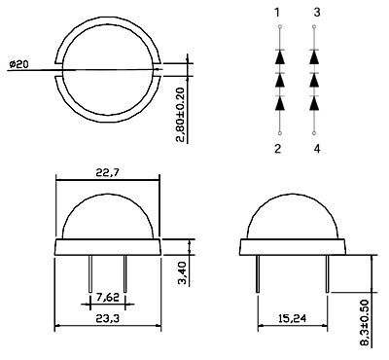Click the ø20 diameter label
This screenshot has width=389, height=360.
click(x=18, y=64)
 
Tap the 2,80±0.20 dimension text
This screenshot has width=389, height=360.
click(x=182, y=115)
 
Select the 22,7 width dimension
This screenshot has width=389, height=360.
click(x=108, y=172)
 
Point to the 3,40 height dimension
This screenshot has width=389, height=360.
click(x=184, y=273)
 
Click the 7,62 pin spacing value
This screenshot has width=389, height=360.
click(x=108, y=297)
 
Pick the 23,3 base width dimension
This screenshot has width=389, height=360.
click(x=108, y=318)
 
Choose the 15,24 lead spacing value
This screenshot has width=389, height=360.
click(x=292, y=318)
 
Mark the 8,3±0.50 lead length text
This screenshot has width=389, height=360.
click(x=365, y=323)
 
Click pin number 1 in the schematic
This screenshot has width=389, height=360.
click(x=277, y=13)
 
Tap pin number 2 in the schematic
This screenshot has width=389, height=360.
click(x=277, y=149)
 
